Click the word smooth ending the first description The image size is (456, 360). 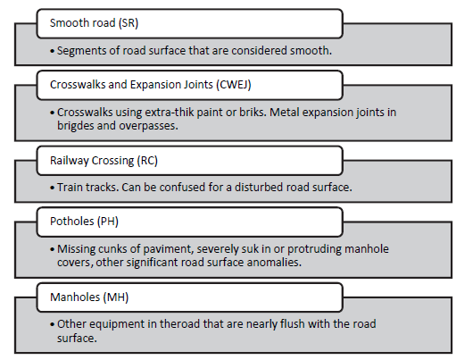tap(310, 50)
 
